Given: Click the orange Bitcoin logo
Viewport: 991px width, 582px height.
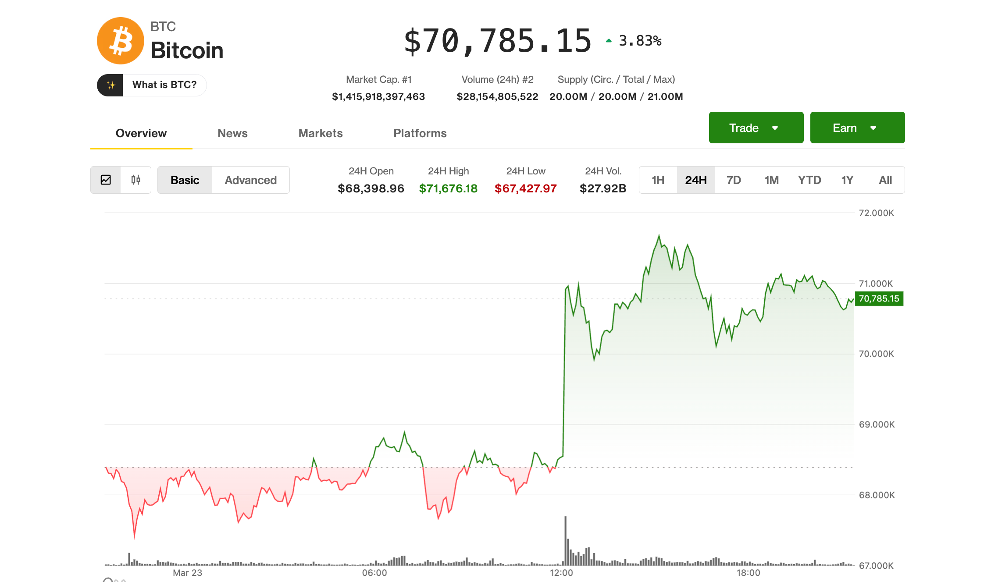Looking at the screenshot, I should (x=121, y=41).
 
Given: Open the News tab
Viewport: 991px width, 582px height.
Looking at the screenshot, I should (x=232, y=133).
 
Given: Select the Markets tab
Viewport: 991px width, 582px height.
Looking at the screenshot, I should (x=321, y=133).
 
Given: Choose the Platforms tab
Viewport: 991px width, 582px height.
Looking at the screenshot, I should (x=420, y=133).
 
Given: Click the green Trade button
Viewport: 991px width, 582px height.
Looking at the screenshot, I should (x=756, y=128).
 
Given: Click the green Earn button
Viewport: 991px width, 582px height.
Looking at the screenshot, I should (x=857, y=128).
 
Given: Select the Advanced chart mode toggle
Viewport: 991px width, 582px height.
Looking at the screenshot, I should (x=250, y=180).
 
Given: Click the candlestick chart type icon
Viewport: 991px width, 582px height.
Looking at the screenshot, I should (x=136, y=180).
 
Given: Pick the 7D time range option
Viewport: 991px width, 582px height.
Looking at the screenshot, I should (x=734, y=180).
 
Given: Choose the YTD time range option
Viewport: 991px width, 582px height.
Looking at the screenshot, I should (x=809, y=180).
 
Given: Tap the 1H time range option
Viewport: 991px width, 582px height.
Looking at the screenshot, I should (x=658, y=180).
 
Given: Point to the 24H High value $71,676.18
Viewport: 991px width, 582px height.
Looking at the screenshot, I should (x=448, y=188).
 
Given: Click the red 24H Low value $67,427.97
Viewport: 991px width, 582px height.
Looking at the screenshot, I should (x=525, y=188).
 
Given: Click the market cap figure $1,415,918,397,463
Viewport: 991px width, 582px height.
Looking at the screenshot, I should (x=378, y=96).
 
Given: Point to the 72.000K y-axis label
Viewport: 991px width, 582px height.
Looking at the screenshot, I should (x=876, y=213).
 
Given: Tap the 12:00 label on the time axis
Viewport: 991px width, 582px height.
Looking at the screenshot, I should (x=561, y=572).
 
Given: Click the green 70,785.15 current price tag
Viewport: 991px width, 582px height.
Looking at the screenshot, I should (x=879, y=298).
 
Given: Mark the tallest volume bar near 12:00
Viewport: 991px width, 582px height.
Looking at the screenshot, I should (x=566, y=541).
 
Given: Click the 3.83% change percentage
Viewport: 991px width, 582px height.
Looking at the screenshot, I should (x=640, y=41).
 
